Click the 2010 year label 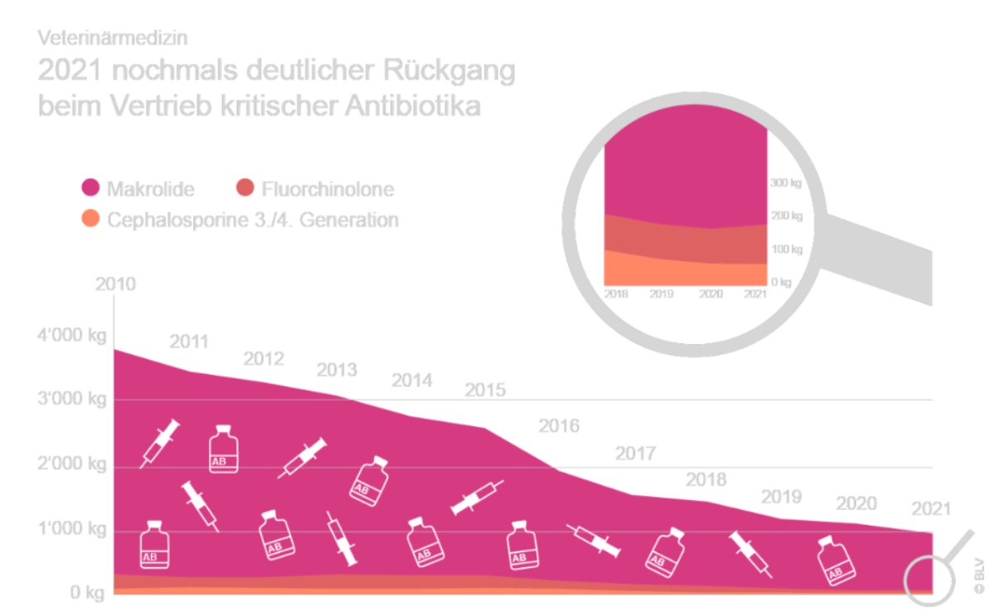pyautogui.click(x=115, y=284)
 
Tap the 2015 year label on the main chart pyautogui.click(x=485, y=389)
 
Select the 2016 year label pyautogui.click(x=559, y=426)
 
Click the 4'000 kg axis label pyautogui.click(x=70, y=337)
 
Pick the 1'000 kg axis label pyautogui.click(x=70, y=529)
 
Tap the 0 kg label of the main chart pyautogui.click(x=86, y=593)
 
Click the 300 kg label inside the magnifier pyautogui.click(x=783, y=182)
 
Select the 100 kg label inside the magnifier pyautogui.click(x=783, y=249)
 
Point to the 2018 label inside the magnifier pyautogui.click(x=616, y=294)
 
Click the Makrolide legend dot pyautogui.click(x=92, y=189)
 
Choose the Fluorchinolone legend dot pyautogui.click(x=245, y=189)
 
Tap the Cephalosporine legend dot pyautogui.click(x=92, y=220)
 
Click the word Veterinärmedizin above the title pyautogui.click(x=113, y=38)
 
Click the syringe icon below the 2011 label pyautogui.click(x=160, y=443)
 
